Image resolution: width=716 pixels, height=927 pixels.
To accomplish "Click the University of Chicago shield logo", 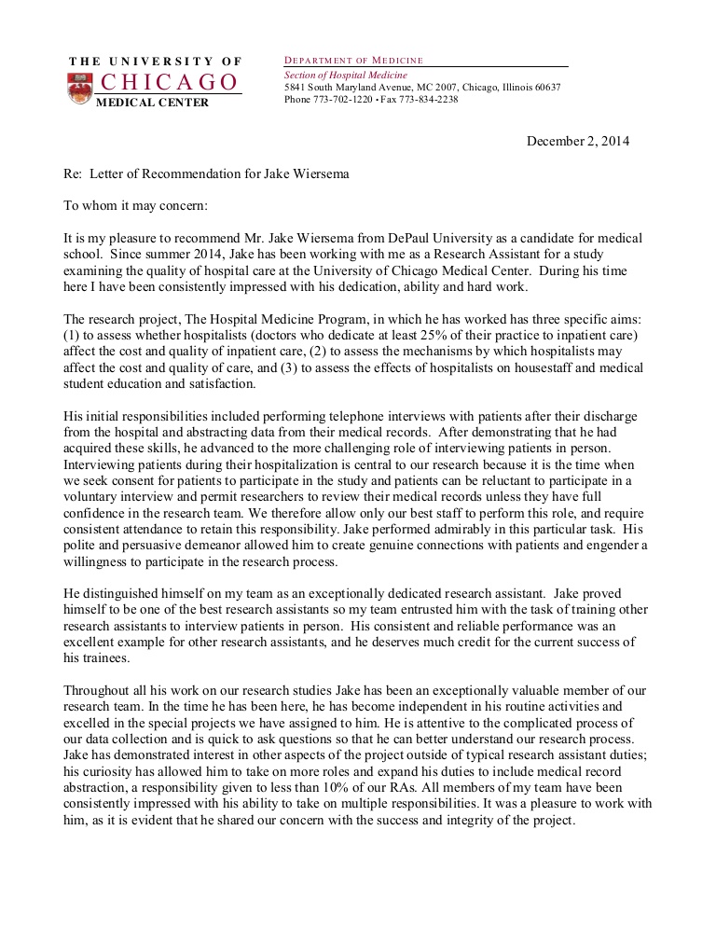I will click(80, 88).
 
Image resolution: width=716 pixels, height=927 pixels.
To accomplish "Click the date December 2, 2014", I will click(578, 142).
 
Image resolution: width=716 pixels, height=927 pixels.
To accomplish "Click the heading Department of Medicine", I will click(353, 61).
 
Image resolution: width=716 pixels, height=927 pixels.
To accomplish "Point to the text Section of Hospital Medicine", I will click(346, 75).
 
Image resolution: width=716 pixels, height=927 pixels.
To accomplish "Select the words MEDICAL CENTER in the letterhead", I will click(153, 103).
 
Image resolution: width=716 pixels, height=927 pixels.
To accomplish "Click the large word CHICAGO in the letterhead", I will click(169, 83).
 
